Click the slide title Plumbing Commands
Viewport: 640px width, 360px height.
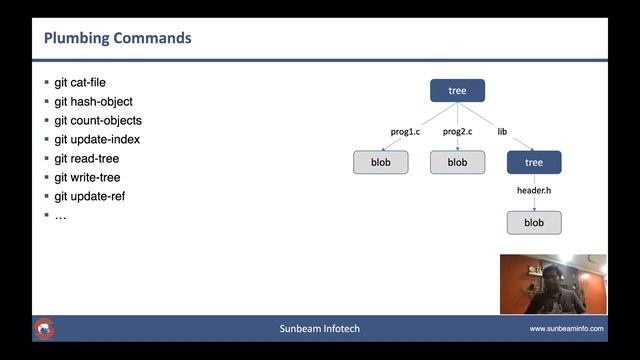(x=117, y=39)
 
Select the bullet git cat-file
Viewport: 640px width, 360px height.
(x=79, y=83)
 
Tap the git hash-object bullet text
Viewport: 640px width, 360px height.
(x=93, y=102)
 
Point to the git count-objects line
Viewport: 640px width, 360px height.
(x=98, y=121)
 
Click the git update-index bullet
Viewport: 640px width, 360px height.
(x=97, y=140)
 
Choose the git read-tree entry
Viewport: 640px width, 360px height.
(x=87, y=159)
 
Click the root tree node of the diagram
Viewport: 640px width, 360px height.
(x=457, y=91)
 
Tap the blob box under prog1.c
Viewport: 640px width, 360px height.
(x=381, y=162)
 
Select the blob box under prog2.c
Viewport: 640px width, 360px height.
(x=457, y=162)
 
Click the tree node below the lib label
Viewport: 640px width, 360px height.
(x=534, y=162)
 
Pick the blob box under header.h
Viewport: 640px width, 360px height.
(x=534, y=223)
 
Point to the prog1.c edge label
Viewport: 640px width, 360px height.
(x=405, y=132)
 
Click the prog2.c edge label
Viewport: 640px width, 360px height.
(x=457, y=132)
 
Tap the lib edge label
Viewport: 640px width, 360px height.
(x=502, y=132)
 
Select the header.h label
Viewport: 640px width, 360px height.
(x=534, y=190)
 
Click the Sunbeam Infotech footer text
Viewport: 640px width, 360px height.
(x=319, y=329)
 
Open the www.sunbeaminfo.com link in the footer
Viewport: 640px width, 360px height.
(x=566, y=329)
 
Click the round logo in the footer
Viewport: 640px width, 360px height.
(x=45, y=328)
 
